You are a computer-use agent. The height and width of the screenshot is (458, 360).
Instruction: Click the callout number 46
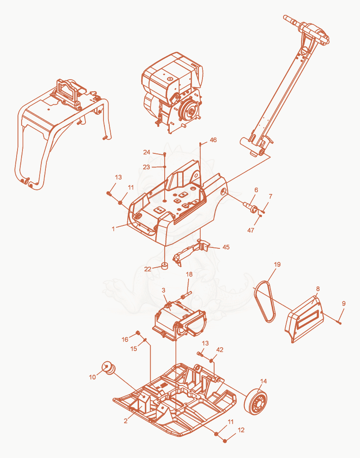tap(213, 140)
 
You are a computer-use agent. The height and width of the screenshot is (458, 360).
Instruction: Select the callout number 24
tap(146, 152)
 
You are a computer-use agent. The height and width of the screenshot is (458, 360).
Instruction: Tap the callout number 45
tap(226, 247)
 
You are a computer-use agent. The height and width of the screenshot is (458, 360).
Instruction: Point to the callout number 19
tap(277, 265)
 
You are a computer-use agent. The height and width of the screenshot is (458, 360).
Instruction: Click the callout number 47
tap(251, 230)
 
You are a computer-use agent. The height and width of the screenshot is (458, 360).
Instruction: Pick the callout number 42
tap(220, 350)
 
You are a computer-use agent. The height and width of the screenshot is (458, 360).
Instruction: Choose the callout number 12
tap(241, 430)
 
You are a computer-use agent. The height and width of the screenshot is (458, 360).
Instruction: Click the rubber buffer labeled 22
tap(166, 266)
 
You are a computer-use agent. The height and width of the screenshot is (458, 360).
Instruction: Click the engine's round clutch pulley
tap(191, 111)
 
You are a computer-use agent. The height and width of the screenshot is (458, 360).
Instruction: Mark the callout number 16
tap(125, 339)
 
